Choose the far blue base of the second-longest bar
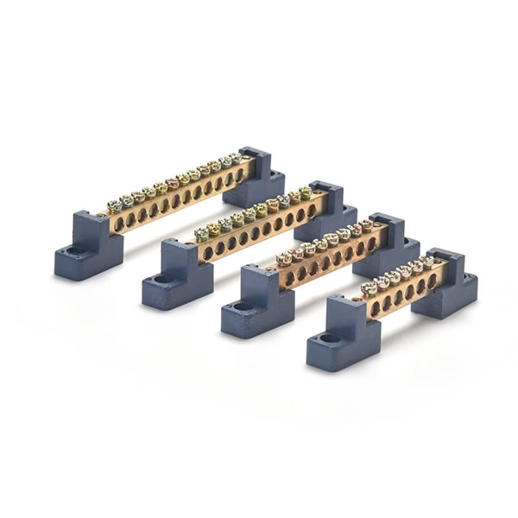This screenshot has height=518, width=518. tap(327, 212)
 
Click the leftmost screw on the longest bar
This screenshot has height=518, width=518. tap(114, 205)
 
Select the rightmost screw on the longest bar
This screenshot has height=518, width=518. tap(235, 158)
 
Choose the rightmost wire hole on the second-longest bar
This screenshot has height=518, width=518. tap(312, 210)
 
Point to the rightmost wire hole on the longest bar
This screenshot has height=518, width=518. tap(239, 176)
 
